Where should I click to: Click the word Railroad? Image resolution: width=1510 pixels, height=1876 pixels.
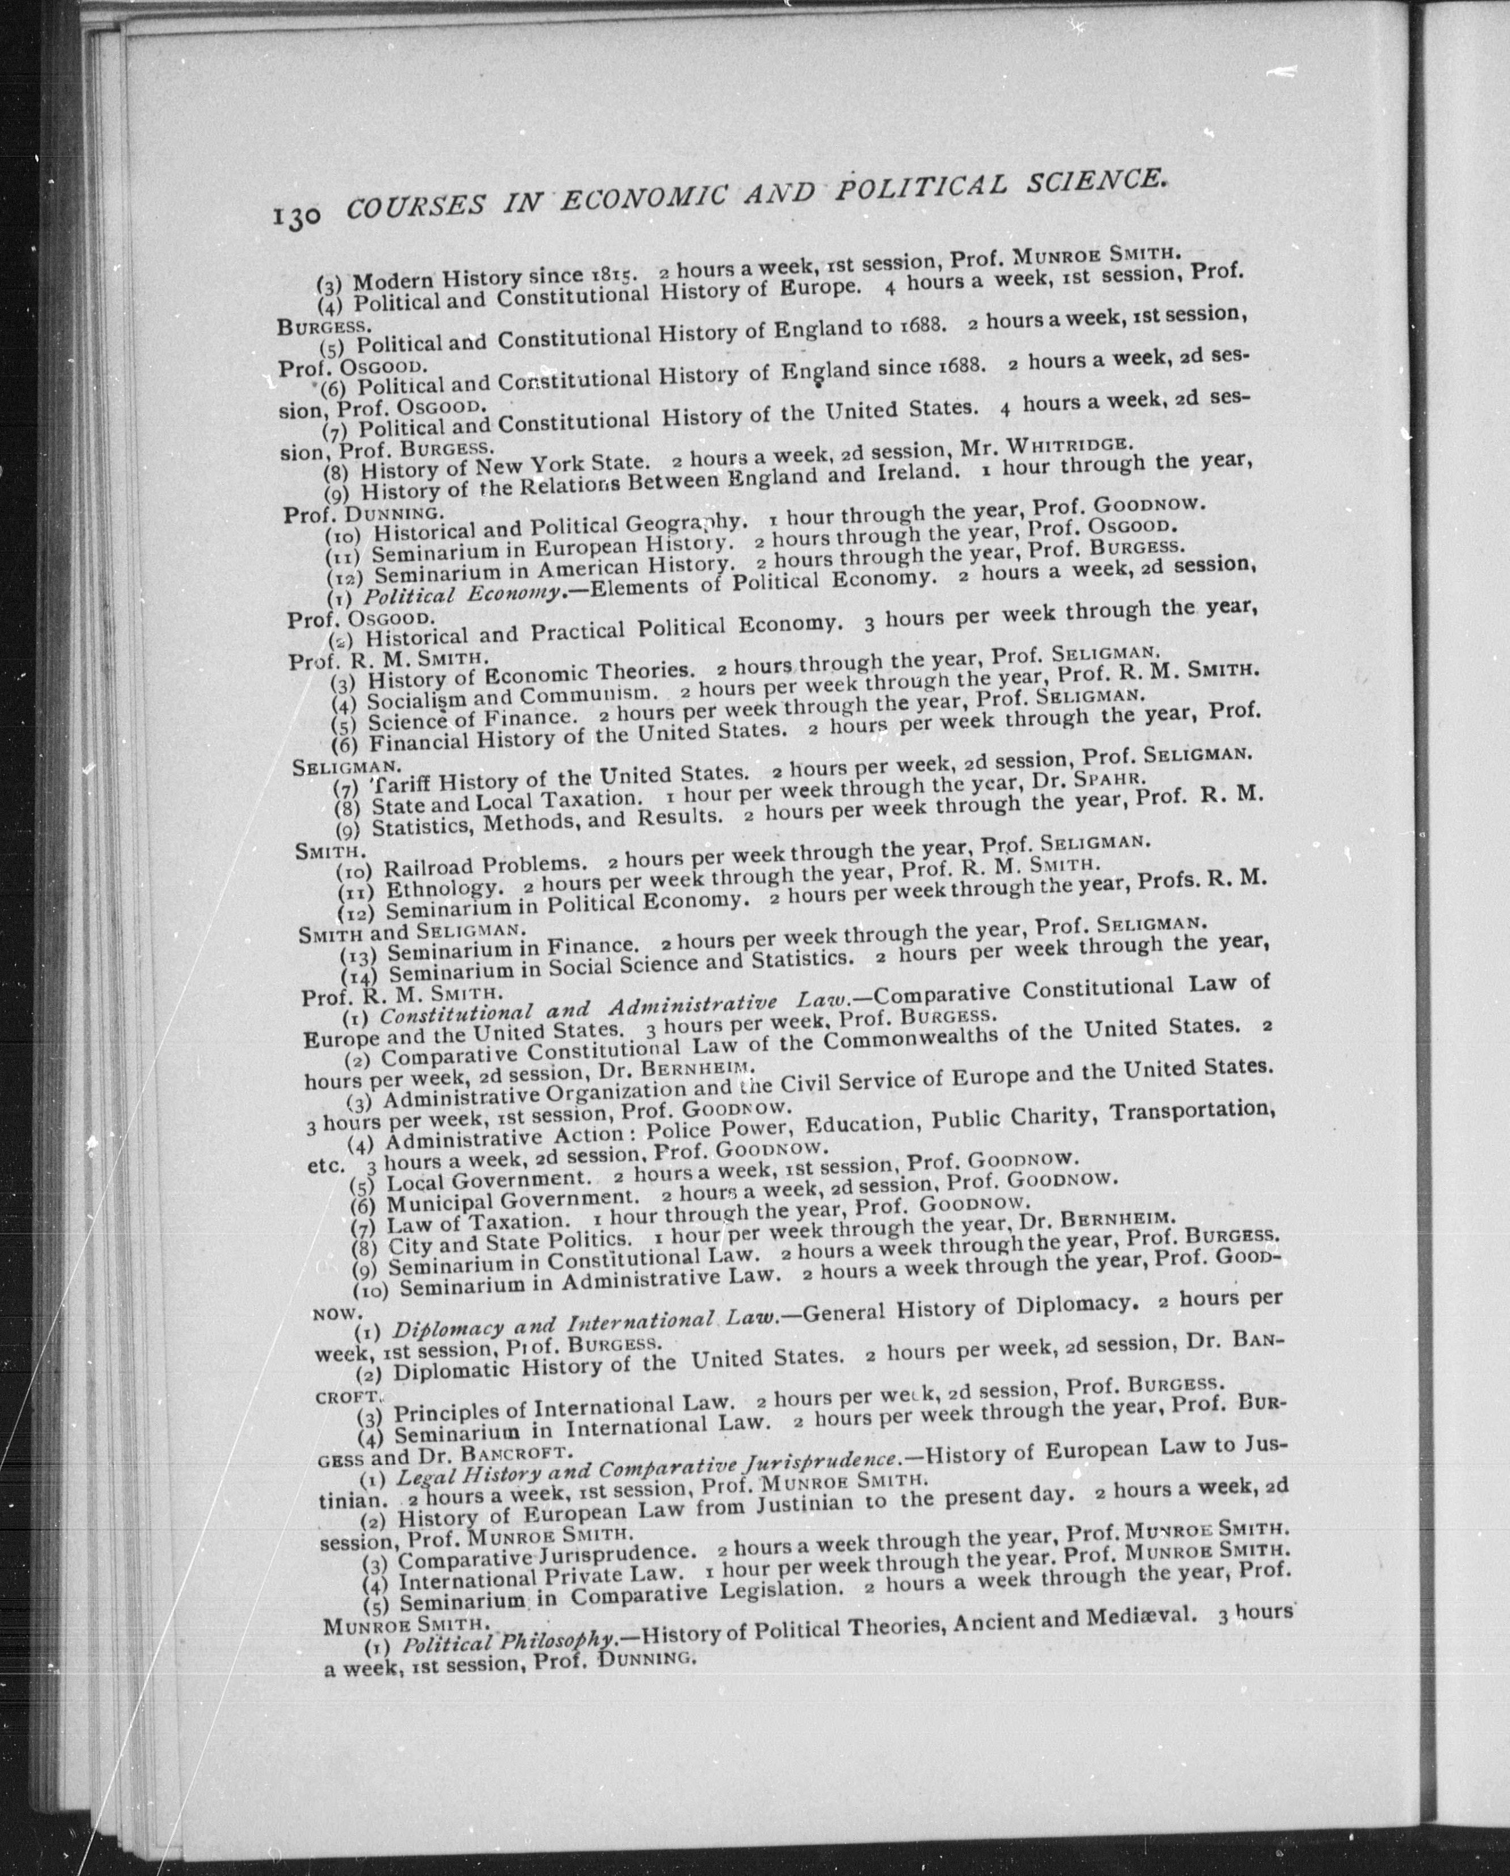tap(428, 866)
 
